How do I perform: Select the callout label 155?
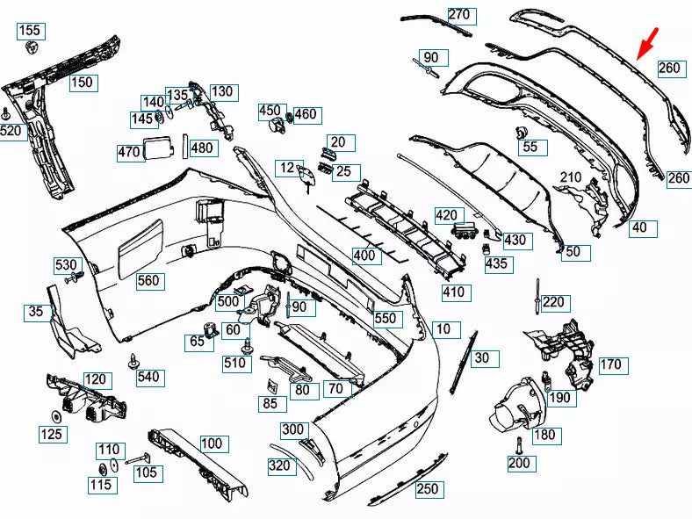tap(29, 31)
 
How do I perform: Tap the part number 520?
tap(11, 131)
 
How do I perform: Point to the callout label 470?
tap(129, 152)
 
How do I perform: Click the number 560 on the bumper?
tap(149, 281)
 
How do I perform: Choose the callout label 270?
tap(459, 14)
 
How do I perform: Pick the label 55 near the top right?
tap(530, 147)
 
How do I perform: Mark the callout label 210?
tap(572, 178)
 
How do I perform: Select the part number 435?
tap(497, 263)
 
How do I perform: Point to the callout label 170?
tap(610, 364)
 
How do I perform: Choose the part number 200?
tap(519, 463)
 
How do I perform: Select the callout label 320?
tap(279, 465)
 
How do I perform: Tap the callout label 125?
tap(50, 433)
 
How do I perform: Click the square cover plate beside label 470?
tap(159, 148)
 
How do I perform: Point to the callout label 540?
tap(148, 378)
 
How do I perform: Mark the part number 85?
tap(269, 404)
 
